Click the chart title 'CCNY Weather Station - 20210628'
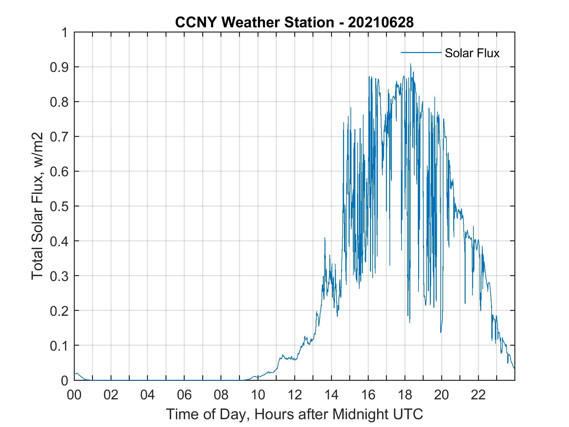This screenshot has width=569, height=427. (x=294, y=22)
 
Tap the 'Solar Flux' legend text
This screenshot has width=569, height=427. (x=472, y=53)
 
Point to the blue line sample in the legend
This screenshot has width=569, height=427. (x=421, y=52)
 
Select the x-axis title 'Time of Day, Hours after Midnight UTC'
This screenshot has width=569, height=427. (x=294, y=414)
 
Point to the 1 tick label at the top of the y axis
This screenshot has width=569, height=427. (x=65, y=33)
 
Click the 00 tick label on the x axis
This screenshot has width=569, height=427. (x=74, y=395)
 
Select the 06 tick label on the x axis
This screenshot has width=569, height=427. (x=184, y=395)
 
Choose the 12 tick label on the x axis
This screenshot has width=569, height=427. (x=295, y=395)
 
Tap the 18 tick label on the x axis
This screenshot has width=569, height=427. (x=405, y=395)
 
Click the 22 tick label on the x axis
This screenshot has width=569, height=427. (x=478, y=395)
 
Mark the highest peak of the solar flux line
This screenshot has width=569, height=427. (x=411, y=64)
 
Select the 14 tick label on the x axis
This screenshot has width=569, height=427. (x=331, y=395)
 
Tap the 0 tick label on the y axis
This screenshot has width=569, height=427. (x=65, y=380)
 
